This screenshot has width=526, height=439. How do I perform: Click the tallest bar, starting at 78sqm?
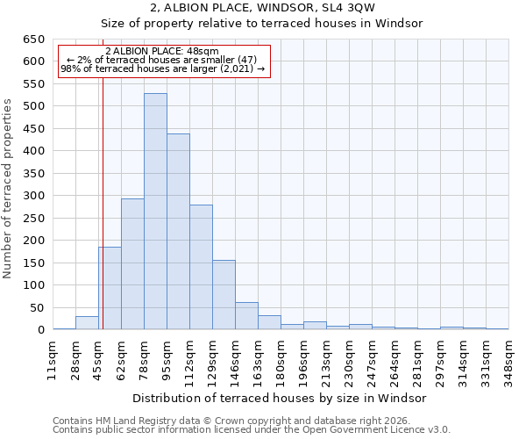(x=155, y=212)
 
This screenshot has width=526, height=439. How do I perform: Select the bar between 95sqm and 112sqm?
(x=178, y=232)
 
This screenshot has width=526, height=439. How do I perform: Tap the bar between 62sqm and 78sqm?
(x=132, y=264)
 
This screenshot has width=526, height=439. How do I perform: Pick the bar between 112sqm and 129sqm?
(x=201, y=267)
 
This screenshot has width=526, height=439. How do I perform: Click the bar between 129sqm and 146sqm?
(x=224, y=295)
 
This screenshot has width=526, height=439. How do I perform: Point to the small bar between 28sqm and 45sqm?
(x=87, y=323)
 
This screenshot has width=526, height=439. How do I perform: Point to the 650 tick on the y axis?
(x=34, y=40)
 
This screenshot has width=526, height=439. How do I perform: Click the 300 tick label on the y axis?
(x=34, y=196)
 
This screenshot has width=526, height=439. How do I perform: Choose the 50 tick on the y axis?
(x=38, y=308)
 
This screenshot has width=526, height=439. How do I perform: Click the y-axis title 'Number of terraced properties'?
(x=9, y=188)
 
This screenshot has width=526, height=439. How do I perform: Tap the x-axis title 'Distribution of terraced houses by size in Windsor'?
(x=280, y=398)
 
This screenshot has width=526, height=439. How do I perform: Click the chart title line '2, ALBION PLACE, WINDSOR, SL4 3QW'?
(x=263, y=7)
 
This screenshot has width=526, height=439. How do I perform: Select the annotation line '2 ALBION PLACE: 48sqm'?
(x=162, y=52)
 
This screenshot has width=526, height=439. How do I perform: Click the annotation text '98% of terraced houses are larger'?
(x=145, y=69)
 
